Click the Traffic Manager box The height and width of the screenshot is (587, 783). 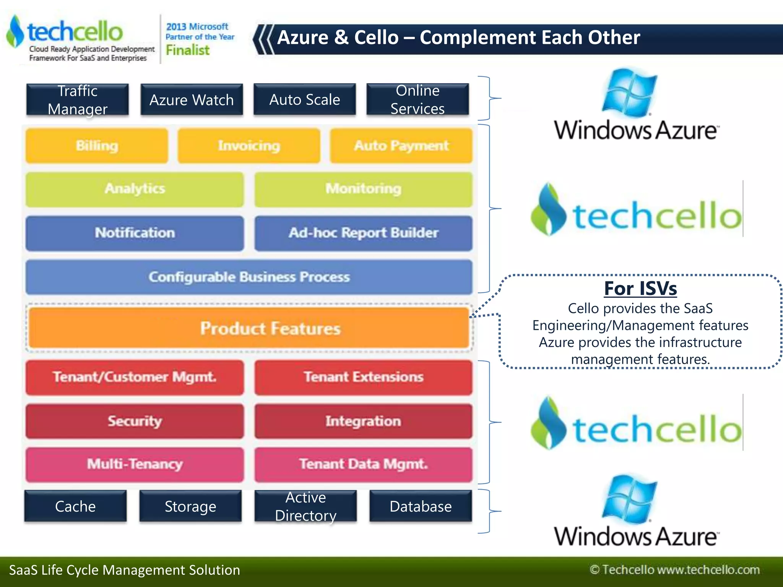pyautogui.click(x=78, y=100)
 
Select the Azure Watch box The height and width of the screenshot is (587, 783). pyautogui.click(x=192, y=100)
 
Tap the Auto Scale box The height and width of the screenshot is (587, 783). pyautogui.click(x=305, y=99)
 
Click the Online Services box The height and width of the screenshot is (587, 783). pyautogui.click(x=417, y=99)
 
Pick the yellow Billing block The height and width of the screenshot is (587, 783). pyautogui.click(x=97, y=146)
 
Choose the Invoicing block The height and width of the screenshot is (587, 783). pyautogui.click(x=249, y=146)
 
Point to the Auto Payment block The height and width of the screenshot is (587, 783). pyautogui.click(x=401, y=146)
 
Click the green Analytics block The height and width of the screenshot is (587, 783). pyautogui.click(x=135, y=189)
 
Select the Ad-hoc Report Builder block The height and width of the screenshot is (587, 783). pyautogui.click(x=363, y=233)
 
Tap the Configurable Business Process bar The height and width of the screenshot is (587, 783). pyautogui.click(x=249, y=277)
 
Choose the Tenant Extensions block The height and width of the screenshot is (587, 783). pyautogui.click(x=363, y=377)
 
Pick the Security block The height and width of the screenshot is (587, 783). pyautogui.click(x=135, y=421)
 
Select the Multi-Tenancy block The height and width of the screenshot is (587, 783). pyautogui.click(x=135, y=464)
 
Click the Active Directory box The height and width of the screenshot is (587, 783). pyautogui.click(x=305, y=506)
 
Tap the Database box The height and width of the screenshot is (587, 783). pyautogui.click(x=421, y=506)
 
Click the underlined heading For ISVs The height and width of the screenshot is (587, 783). pyautogui.click(x=640, y=289)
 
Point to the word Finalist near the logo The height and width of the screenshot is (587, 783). pyautogui.click(x=187, y=50)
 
